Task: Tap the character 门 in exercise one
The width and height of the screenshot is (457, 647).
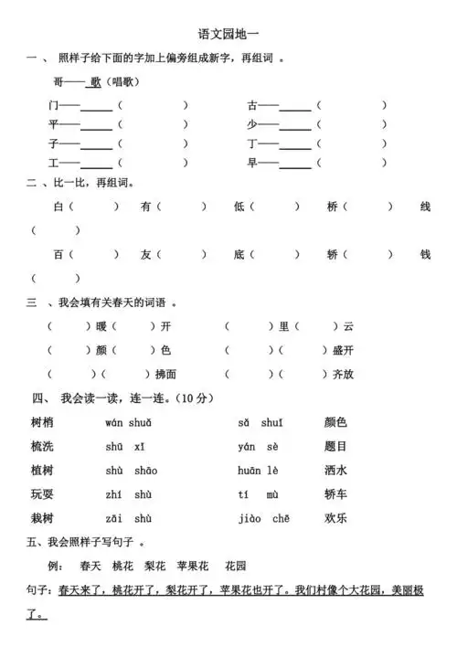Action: pos(54,105)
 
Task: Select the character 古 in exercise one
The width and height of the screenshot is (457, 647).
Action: pos(251,105)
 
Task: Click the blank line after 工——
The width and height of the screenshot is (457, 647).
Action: pos(96,164)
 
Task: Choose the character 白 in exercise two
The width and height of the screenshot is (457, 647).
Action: pos(58,207)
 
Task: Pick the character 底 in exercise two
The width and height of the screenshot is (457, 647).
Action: pos(239,254)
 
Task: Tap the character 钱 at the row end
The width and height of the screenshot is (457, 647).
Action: pos(425,254)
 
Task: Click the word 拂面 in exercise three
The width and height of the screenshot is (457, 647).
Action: pos(165,374)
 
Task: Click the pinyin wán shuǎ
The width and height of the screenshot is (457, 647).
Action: pos(128,422)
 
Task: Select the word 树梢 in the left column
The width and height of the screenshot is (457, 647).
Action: pos(42,422)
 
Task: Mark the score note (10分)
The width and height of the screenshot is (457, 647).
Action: pos(196,398)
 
